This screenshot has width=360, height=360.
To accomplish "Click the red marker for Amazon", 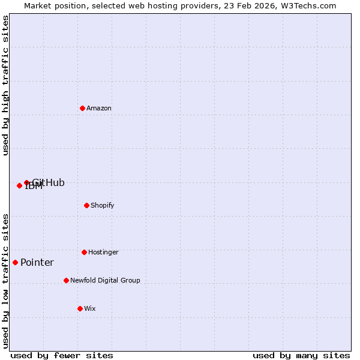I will point(82,108).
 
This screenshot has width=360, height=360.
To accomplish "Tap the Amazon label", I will point(99,109).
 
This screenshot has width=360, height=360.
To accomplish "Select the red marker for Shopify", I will point(86,205).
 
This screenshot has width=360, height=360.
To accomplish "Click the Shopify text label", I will point(103,206).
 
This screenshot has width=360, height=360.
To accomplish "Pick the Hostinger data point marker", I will point(84,252).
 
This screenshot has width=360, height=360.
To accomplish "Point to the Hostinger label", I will point(103,253).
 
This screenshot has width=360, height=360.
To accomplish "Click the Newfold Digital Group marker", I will point(66,280).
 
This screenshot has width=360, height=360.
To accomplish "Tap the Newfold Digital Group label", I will point(105,281).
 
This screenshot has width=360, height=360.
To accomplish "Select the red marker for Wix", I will point(80,308).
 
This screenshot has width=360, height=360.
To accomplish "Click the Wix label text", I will point(90,309).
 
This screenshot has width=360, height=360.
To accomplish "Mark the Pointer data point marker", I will point(15,262).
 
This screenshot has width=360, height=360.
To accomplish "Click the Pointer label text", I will point(37,263).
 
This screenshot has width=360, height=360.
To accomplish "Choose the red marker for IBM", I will point(19,185).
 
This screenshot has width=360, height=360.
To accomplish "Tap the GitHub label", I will point(49,183).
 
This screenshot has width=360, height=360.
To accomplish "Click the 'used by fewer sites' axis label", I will point(62,355).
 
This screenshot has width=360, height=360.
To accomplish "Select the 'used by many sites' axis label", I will point(301,355).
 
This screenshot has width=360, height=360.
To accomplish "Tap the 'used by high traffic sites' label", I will point(5,85).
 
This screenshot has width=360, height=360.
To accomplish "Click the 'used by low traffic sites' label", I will point(5,280).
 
